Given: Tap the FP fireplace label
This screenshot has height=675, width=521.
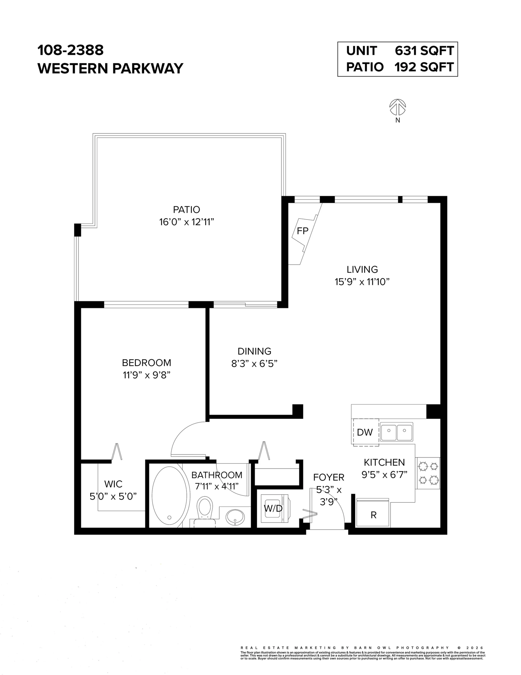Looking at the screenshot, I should (302, 231).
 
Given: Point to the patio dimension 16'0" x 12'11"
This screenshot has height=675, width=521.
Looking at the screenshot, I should (187, 222).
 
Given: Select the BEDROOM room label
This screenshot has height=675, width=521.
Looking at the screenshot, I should (146, 362).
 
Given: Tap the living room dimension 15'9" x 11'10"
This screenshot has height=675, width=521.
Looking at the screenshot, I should (362, 282).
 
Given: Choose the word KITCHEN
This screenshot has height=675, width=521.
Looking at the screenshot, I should (384, 462).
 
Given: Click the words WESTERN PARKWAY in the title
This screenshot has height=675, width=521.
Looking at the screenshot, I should (110, 68).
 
